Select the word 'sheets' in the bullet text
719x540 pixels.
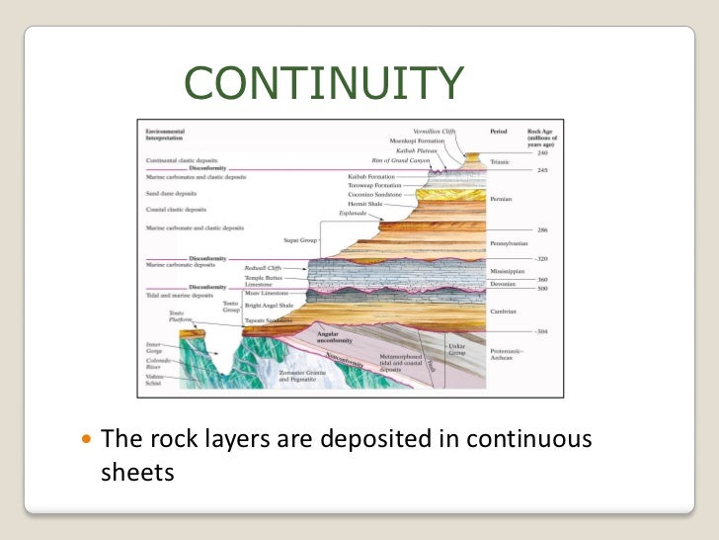137,473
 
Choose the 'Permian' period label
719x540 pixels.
501,199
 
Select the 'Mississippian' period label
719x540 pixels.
508,269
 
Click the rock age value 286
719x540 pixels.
542,229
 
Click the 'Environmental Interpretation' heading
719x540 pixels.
169,134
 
